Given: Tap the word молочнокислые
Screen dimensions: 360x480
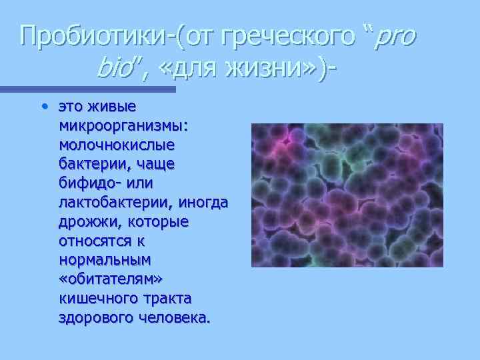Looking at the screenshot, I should [x=117, y=144].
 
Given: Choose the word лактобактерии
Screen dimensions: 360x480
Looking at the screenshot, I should [x=117, y=202].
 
